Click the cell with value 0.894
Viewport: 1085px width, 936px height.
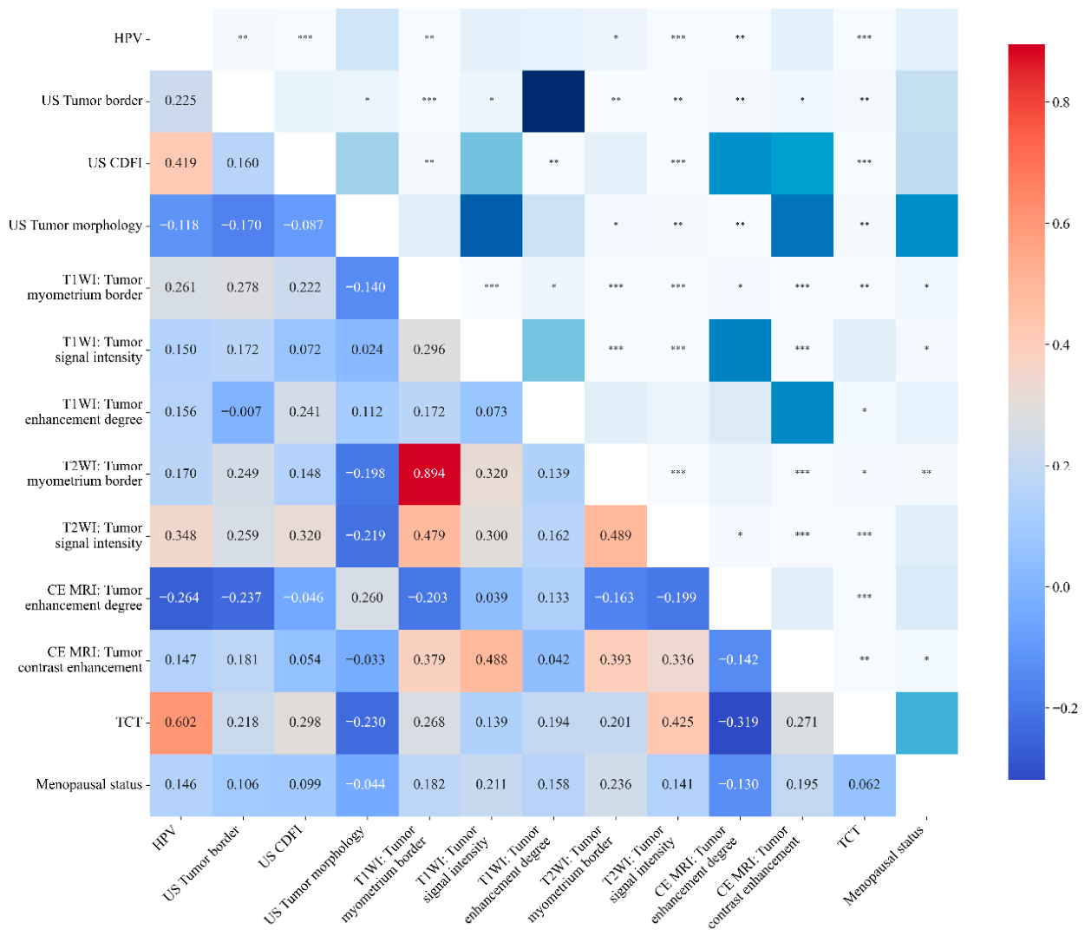click(x=429, y=474)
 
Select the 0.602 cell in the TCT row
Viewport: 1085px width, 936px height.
click(x=180, y=722)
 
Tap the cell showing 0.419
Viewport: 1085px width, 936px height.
click(x=180, y=163)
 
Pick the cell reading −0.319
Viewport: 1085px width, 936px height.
click(x=739, y=722)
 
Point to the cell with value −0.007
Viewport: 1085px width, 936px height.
click(x=243, y=412)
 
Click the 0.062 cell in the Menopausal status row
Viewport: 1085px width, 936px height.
click(x=864, y=784)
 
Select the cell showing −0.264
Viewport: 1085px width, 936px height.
click(x=180, y=598)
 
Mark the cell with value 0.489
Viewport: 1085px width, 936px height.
click(x=615, y=536)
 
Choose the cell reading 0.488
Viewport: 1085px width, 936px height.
click(x=491, y=660)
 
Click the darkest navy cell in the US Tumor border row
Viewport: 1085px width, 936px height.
click(x=553, y=101)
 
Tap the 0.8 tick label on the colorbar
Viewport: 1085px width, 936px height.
click(x=1061, y=102)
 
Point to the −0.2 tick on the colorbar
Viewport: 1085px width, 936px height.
click(x=1062, y=708)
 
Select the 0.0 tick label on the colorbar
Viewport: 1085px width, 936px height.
click(x=1061, y=587)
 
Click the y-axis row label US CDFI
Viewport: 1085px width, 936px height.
click(x=114, y=163)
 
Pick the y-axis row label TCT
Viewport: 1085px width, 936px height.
click(x=128, y=722)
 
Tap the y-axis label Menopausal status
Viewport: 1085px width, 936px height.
click(x=88, y=784)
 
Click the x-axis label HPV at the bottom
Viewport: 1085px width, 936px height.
click(x=165, y=838)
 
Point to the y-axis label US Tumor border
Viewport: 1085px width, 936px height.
click(x=92, y=101)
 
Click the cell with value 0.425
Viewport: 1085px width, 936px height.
click(x=677, y=722)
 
